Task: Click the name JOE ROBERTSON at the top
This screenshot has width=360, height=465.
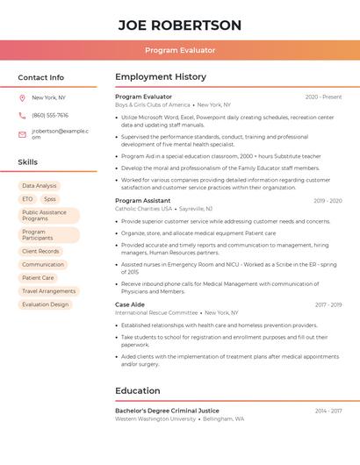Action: (180, 25)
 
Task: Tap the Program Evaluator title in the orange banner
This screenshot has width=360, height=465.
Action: (180, 50)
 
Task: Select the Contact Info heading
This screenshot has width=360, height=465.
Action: (40, 77)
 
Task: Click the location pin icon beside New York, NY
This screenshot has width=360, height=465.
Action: (22, 98)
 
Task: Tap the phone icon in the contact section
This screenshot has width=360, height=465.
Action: (22, 116)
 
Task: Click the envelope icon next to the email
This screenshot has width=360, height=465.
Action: (22, 134)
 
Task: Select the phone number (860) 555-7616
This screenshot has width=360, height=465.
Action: (50, 116)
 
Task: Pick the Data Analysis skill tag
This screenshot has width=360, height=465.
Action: (40, 186)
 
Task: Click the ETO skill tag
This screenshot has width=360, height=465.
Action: (27, 199)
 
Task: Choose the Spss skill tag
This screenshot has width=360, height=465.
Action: (49, 199)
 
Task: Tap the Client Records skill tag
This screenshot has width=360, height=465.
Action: (40, 252)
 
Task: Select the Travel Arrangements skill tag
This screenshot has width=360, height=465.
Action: (48, 291)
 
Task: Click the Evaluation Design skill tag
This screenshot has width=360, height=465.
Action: (45, 304)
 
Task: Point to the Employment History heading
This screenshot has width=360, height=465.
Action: (161, 77)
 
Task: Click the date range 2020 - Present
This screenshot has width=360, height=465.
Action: (323, 97)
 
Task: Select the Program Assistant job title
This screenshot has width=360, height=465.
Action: (143, 201)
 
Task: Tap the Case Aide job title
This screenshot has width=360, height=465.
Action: (130, 304)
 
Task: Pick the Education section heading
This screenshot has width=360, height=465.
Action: (138, 391)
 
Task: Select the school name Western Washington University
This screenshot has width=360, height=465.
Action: (155, 419)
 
